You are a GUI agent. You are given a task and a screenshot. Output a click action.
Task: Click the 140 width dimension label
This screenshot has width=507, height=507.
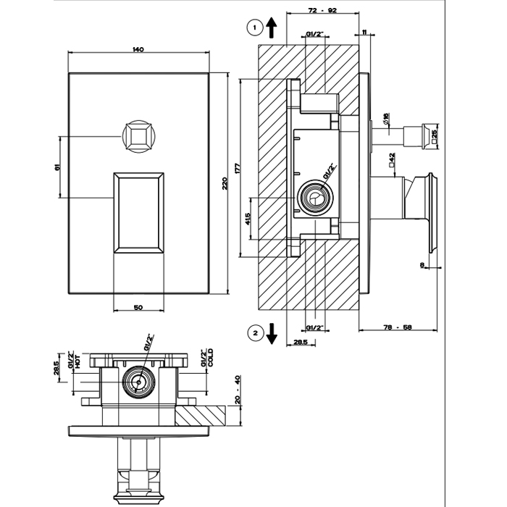138,49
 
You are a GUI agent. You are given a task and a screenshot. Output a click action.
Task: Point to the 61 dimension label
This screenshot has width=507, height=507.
57,167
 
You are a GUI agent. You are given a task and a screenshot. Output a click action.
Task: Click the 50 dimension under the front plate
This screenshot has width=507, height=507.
138,307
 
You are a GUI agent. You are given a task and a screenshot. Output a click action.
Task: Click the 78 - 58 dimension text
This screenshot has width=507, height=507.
397,328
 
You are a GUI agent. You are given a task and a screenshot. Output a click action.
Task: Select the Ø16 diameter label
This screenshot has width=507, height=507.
386,117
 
